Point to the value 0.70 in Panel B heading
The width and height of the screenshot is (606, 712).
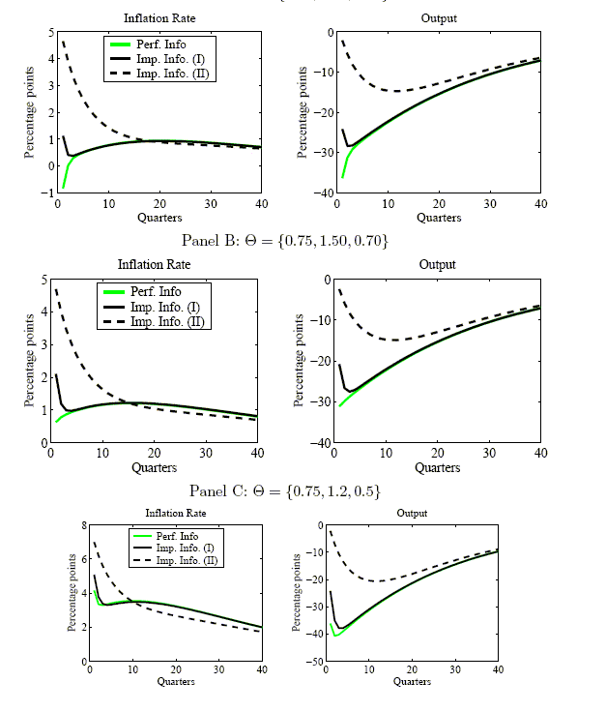tap(371, 240)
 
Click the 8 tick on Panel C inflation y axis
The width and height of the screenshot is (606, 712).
tap(84, 524)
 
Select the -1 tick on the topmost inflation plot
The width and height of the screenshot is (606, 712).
tap(47, 193)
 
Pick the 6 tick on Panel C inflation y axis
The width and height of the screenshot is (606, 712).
tap(84, 559)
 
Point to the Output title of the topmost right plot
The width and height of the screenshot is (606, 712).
tap(439, 18)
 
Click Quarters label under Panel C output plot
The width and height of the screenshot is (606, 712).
tap(413, 681)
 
